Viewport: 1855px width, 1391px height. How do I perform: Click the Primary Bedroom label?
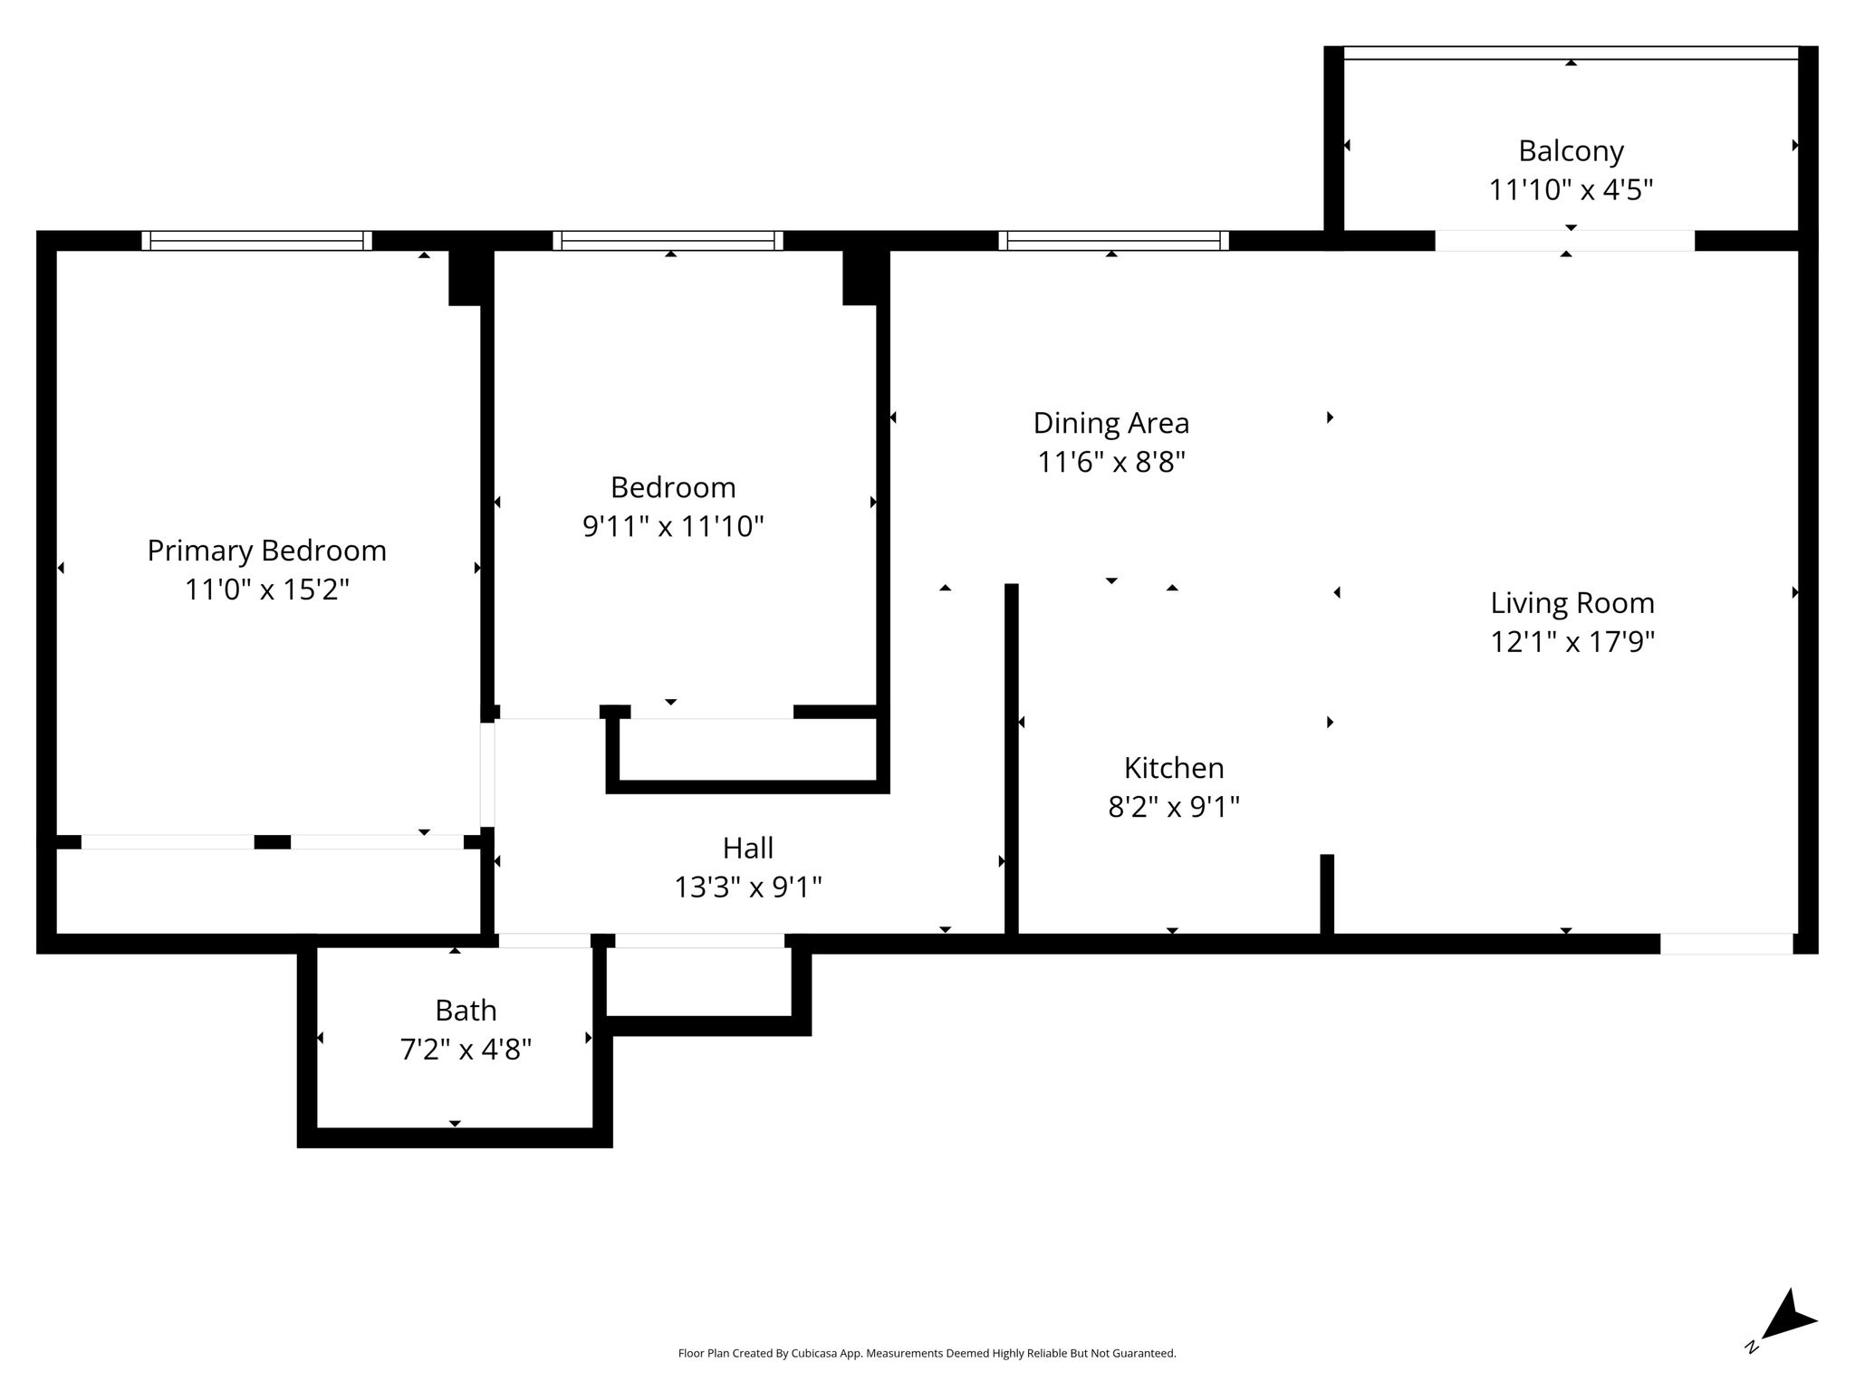pos(266,551)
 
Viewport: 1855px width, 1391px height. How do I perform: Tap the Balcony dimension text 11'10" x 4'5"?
pos(1571,190)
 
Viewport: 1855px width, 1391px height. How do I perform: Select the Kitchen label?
pos(1174,768)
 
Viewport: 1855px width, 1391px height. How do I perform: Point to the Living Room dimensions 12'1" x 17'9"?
pos(1572,642)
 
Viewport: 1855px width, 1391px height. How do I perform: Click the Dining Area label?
pos(1110,424)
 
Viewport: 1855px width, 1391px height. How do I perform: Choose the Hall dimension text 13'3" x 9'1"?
pos(747,887)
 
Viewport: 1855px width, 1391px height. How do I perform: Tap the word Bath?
pos(466,1010)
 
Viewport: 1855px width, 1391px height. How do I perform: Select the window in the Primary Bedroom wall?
pos(257,241)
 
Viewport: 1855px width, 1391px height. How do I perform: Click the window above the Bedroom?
pos(668,241)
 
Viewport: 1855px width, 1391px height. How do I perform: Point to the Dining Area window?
pos(1114,241)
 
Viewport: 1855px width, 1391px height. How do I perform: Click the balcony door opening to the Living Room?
pos(1564,241)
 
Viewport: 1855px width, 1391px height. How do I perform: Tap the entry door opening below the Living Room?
pos(1726,944)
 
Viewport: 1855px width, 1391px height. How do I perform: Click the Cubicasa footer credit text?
pos(927,1354)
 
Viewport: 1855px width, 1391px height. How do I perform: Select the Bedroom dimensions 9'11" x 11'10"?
pos(673,526)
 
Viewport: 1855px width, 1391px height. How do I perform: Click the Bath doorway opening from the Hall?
pos(544,941)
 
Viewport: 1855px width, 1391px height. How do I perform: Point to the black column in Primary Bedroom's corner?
pos(465,277)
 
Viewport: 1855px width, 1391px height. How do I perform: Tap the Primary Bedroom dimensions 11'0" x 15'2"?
pos(267,590)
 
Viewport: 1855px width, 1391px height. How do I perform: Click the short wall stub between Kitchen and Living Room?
pos(1327,894)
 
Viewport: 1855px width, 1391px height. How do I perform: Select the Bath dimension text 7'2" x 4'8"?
pos(466,1050)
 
